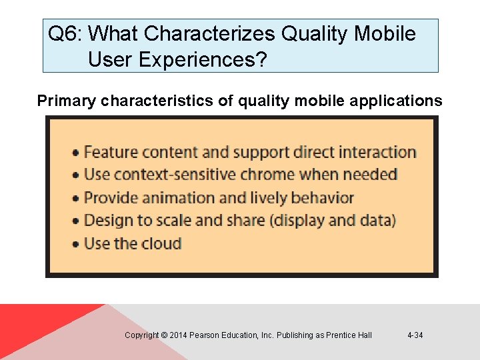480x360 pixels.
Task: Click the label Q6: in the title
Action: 65,33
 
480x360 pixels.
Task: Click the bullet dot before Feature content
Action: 77,153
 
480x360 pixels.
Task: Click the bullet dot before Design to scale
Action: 77,221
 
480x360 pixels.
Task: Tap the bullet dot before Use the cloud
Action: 77,244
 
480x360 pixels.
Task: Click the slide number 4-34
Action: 415,335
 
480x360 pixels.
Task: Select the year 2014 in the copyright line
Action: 178,335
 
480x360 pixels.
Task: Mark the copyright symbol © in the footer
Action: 164,335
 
